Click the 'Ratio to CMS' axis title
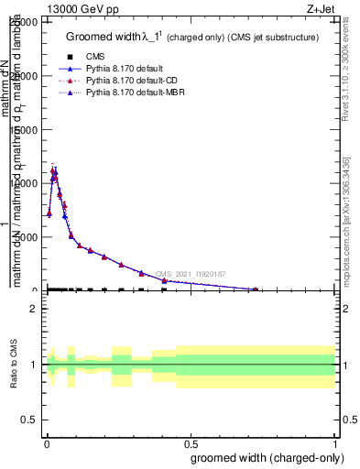point(14,365)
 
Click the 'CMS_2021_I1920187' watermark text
point(191,274)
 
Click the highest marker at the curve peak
point(54,169)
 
